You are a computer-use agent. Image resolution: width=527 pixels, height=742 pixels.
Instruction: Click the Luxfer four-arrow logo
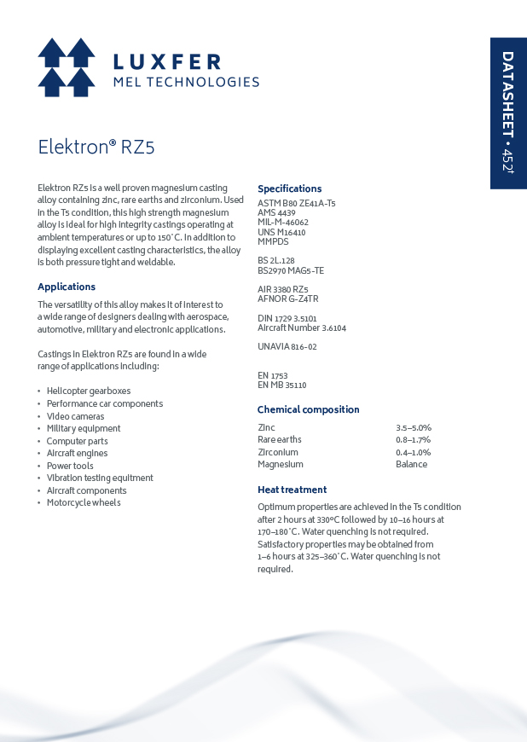click(x=67, y=67)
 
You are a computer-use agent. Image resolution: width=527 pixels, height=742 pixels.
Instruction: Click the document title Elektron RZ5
click(x=96, y=147)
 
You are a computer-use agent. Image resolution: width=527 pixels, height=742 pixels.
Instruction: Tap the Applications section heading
click(x=67, y=287)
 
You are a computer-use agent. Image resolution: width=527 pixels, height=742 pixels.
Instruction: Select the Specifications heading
click(x=290, y=188)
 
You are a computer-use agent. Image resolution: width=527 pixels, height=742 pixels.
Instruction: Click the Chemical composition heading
click(x=309, y=409)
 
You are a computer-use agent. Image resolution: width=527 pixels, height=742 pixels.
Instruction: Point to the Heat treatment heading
click(x=292, y=490)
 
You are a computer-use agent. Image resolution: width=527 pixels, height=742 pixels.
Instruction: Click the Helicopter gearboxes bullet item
click(x=89, y=391)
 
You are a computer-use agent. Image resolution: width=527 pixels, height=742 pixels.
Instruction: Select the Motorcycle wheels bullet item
click(x=84, y=502)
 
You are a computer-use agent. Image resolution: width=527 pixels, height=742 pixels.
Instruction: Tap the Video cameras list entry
click(x=76, y=416)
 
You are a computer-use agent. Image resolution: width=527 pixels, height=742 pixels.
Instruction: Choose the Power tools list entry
click(x=70, y=466)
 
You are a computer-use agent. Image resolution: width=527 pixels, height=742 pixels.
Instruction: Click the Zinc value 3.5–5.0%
click(x=414, y=427)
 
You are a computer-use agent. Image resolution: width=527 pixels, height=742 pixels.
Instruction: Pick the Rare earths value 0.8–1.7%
click(x=414, y=440)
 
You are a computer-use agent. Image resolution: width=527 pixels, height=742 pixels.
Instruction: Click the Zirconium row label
click(x=278, y=452)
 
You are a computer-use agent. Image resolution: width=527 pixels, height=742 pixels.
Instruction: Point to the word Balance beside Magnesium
click(x=412, y=465)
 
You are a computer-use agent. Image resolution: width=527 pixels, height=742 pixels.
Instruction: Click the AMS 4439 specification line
click(x=276, y=212)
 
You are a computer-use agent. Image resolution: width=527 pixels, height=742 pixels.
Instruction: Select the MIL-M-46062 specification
click(x=283, y=222)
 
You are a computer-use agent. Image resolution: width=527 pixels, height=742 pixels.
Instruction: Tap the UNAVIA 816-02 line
click(x=287, y=346)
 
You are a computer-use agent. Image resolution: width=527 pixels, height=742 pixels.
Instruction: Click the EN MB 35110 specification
click(x=281, y=385)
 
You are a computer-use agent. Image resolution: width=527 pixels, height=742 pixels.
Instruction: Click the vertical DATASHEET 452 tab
click(x=507, y=113)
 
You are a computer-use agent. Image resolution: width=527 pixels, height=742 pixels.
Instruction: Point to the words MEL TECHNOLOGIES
click(x=186, y=82)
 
